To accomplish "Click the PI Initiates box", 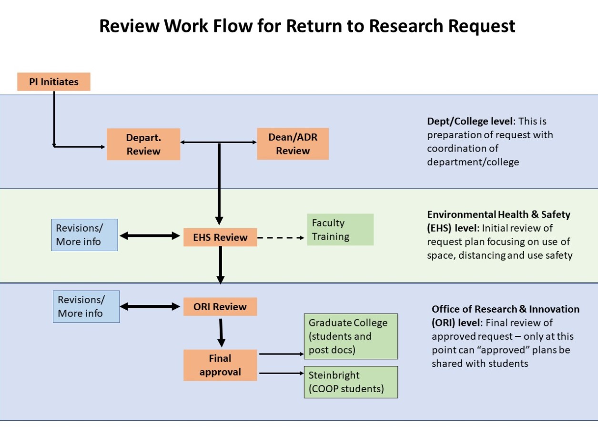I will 53,81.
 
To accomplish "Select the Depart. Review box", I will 143,144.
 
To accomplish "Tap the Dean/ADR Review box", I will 293,144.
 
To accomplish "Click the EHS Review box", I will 220,237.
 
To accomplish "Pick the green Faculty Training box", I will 340,230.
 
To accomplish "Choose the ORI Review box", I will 220,307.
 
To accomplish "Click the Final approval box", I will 220,365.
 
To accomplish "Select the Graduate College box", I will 350,336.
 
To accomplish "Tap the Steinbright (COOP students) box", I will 350,382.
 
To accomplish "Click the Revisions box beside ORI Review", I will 86,306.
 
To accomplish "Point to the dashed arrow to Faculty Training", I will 281,237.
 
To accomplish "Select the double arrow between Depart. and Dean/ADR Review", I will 218,142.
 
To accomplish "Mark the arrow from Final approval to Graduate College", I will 280,354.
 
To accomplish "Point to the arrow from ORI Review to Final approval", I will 221,332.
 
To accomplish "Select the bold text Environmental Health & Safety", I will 498,214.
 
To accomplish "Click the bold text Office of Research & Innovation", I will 505,309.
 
